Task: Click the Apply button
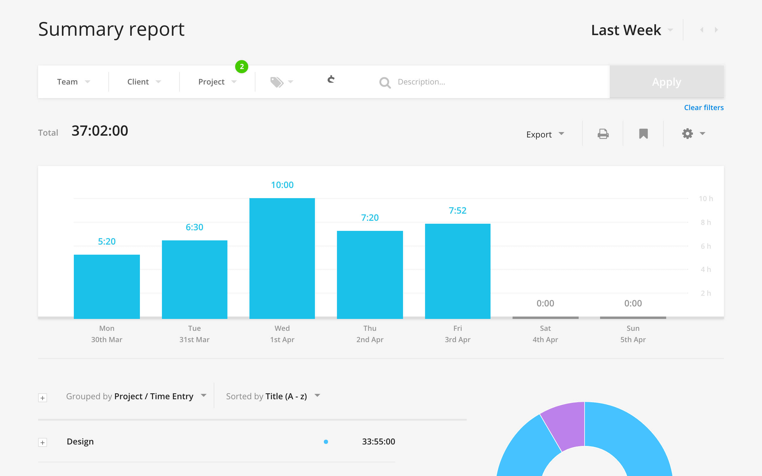click(x=666, y=82)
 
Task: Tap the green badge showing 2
click(x=241, y=67)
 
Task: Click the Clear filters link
click(x=703, y=108)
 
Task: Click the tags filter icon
click(x=277, y=82)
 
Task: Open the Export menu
click(x=545, y=134)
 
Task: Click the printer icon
click(x=603, y=134)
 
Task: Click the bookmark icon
click(x=643, y=134)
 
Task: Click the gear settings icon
click(x=688, y=134)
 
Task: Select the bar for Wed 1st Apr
click(x=282, y=258)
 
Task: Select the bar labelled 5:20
click(x=107, y=286)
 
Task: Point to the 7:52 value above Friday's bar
click(x=457, y=210)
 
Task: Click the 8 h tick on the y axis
click(x=705, y=223)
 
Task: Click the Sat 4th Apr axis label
click(x=545, y=334)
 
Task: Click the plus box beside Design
click(x=43, y=442)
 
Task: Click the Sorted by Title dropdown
click(x=273, y=396)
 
